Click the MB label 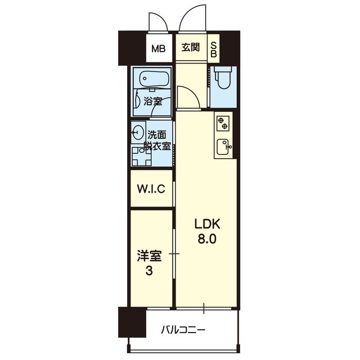[159, 49]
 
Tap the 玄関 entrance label [191, 47]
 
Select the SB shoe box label [214, 49]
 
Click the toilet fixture [224, 78]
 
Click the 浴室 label [152, 101]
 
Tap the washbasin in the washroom [138, 132]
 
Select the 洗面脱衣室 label [157, 141]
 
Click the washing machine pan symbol [141, 156]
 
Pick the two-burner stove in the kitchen [223, 123]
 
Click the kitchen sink [223, 147]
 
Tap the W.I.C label [151, 189]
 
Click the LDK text [208, 224]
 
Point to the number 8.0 [207, 240]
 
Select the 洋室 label [149, 256]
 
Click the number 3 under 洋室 [149, 271]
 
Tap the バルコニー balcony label [182, 330]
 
